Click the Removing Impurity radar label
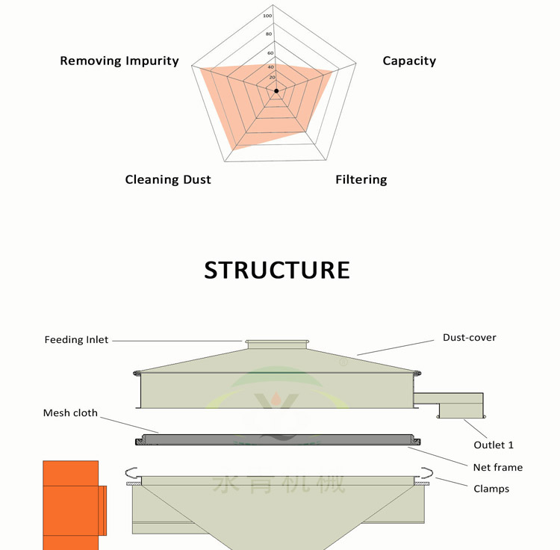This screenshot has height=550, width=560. click(119, 61)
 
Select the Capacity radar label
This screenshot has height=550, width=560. click(409, 61)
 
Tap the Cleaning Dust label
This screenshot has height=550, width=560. click(168, 179)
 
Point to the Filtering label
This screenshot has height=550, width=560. click(361, 179)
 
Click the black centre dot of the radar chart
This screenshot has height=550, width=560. click(276, 90)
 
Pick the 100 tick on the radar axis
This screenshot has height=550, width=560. click(268, 15)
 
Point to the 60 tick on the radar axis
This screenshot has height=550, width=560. click(270, 52)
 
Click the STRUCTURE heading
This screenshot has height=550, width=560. click(277, 270)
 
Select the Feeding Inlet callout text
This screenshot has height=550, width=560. click(76, 340)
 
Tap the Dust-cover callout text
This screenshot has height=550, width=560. click(469, 338)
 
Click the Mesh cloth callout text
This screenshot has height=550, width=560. click(70, 413)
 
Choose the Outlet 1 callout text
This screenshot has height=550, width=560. click(494, 445)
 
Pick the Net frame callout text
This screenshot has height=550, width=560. click(498, 468)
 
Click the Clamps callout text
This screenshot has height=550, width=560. click(491, 489)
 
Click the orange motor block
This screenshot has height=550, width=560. click(72, 505)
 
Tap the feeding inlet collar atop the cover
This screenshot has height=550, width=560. click(276, 344)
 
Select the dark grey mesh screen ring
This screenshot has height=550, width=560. click(276, 439)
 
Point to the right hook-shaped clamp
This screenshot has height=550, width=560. click(427, 472)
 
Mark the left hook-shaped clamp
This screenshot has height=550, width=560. click(131, 472)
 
